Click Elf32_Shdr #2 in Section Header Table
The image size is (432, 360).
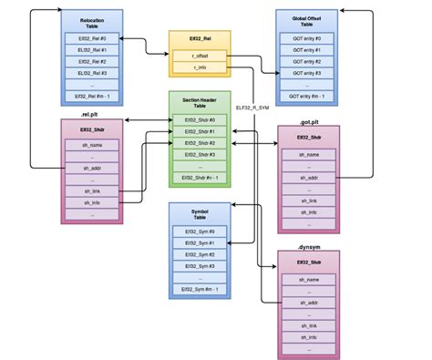click(200, 143)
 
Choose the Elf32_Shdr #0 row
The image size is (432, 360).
click(200, 119)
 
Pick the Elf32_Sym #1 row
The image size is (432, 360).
click(200, 243)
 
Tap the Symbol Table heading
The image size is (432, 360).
click(200, 215)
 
